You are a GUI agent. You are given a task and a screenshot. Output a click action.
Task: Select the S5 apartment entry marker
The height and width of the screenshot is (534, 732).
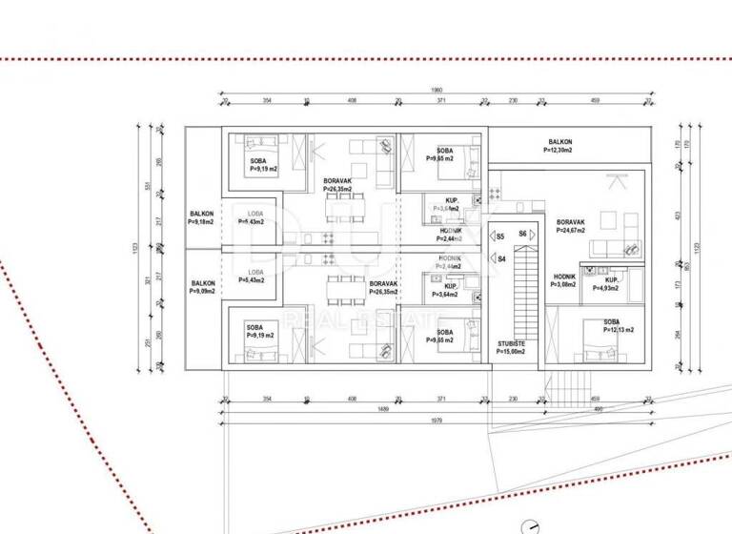pos(500,234)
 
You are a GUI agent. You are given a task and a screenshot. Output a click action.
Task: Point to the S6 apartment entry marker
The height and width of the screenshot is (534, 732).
pos(522,234)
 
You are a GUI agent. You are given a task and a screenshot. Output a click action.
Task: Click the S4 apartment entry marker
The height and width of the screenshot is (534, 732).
pos(501,258)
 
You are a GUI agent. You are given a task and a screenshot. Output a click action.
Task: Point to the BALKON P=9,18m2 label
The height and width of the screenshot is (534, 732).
pos(201,217)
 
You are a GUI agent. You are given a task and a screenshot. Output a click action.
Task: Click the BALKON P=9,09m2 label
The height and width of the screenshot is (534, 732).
pos(203,287)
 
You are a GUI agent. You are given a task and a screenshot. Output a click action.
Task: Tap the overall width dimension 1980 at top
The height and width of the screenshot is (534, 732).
pos(437,92)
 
